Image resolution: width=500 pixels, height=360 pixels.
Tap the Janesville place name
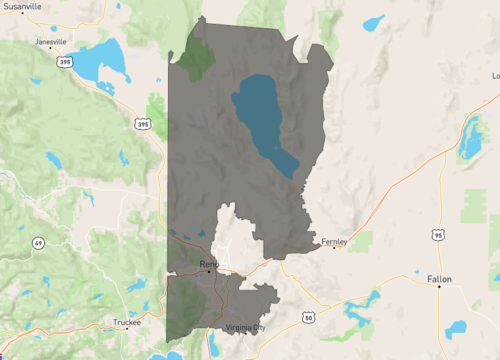(50, 42)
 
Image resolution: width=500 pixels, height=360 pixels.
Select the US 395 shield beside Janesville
(66, 62)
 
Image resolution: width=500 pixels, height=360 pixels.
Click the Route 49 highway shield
(38, 243)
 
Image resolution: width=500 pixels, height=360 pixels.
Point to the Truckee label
(127, 322)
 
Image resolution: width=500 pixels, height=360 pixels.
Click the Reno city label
(208, 263)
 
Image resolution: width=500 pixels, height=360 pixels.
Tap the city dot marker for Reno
(208, 271)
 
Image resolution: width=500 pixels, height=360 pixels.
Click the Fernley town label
(333, 240)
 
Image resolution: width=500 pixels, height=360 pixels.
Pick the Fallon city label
(440, 278)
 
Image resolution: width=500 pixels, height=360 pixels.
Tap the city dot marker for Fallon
(438, 286)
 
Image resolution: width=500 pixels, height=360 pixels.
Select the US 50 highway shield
(307, 318)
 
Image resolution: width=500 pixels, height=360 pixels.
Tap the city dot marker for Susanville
(22, 13)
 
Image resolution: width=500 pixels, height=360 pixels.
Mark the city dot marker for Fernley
(334, 247)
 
